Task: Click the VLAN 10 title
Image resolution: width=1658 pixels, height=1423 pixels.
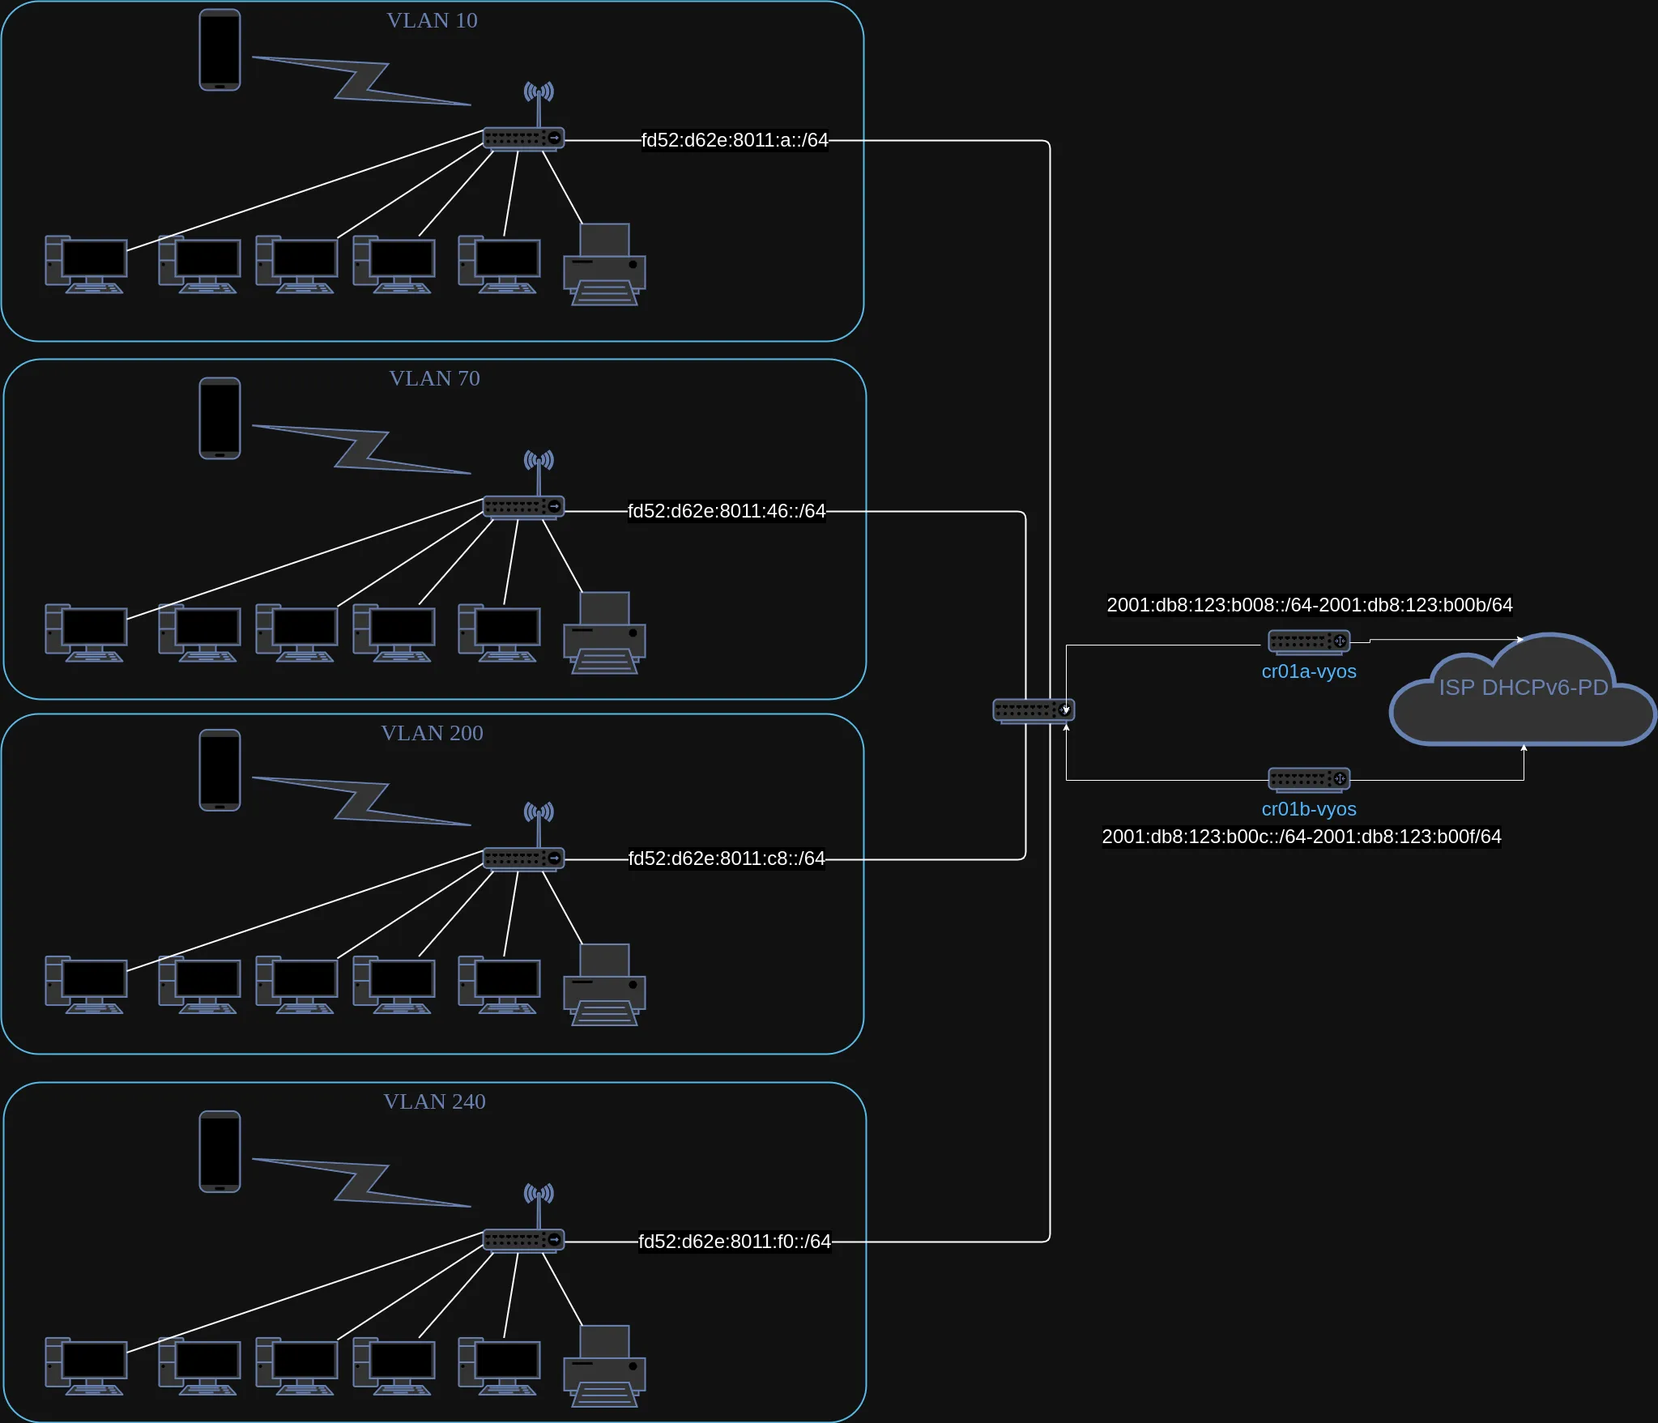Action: pyautogui.click(x=432, y=20)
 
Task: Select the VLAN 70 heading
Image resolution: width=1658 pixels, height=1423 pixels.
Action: pyautogui.click(x=434, y=378)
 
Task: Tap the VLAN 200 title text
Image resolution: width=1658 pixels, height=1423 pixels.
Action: pyautogui.click(x=432, y=733)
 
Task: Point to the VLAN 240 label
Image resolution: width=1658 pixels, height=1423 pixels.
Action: pyautogui.click(x=434, y=1101)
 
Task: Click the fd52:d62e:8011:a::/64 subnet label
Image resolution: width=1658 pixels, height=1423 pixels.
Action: pyautogui.click(x=735, y=140)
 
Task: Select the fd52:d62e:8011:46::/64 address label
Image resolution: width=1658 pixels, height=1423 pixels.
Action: pyautogui.click(x=727, y=511)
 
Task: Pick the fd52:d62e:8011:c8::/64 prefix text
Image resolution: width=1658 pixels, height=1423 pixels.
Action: pyautogui.click(x=727, y=858)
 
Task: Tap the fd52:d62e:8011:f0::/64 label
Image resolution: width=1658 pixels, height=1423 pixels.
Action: pyautogui.click(x=735, y=1242)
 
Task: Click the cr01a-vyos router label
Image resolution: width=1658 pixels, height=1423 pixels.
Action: pyautogui.click(x=1309, y=671)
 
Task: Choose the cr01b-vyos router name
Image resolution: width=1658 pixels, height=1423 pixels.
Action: pyautogui.click(x=1309, y=809)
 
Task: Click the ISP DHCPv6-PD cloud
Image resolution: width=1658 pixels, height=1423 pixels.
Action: pyautogui.click(x=1523, y=689)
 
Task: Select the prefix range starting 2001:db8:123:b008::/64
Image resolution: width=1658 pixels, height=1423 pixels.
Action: pyautogui.click(x=1310, y=605)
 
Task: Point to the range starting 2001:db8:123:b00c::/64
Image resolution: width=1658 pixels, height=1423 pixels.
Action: pyautogui.click(x=1302, y=837)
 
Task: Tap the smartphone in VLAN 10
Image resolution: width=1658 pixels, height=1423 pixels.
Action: pyautogui.click(x=220, y=49)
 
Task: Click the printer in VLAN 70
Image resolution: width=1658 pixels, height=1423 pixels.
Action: pyautogui.click(x=604, y=633)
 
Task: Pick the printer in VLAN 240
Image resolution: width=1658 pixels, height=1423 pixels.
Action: pyautogui.click(x=604, y=1366)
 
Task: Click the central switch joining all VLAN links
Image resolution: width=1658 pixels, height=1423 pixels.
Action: pyautogui.click(x=1034, y=711)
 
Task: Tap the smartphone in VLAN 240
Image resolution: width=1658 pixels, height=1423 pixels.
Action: pyautogui.click(x=220, y=1152)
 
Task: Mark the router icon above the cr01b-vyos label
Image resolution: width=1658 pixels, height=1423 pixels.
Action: pyautogui.click(x=1309, y=780)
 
